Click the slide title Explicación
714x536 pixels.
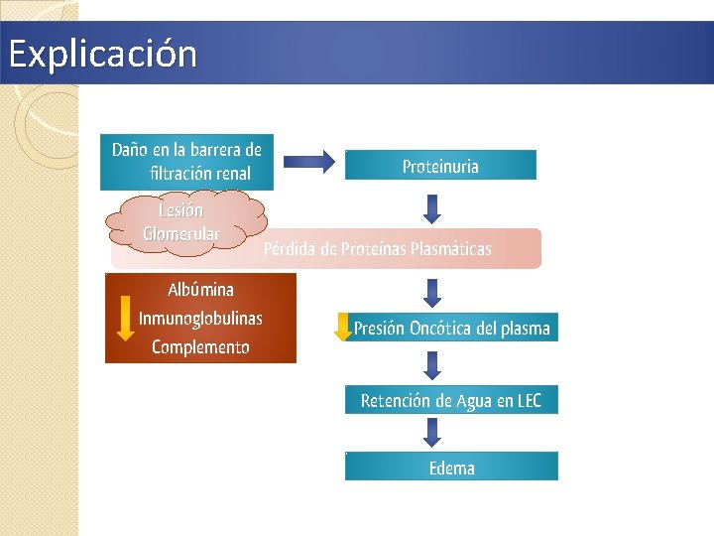(102, 54)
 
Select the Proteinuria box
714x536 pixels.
(440, 166)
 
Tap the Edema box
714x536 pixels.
(451, 468)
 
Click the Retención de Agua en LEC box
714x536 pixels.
(451, 400)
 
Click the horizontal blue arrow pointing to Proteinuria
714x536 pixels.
(308, 162)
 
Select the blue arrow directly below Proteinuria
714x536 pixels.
(432, 207)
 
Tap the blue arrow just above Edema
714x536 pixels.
(432, 432)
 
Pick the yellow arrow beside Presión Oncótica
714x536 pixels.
(343, 327)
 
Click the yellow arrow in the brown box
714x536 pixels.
(125, 318)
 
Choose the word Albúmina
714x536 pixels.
(201, 290)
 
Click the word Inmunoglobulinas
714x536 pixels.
(201, 318)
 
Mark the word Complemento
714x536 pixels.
(201, 346)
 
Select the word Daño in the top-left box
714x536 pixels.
(129, 150)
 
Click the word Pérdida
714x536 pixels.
(291, 248)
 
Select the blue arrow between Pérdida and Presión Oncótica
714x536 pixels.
(432, 292)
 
